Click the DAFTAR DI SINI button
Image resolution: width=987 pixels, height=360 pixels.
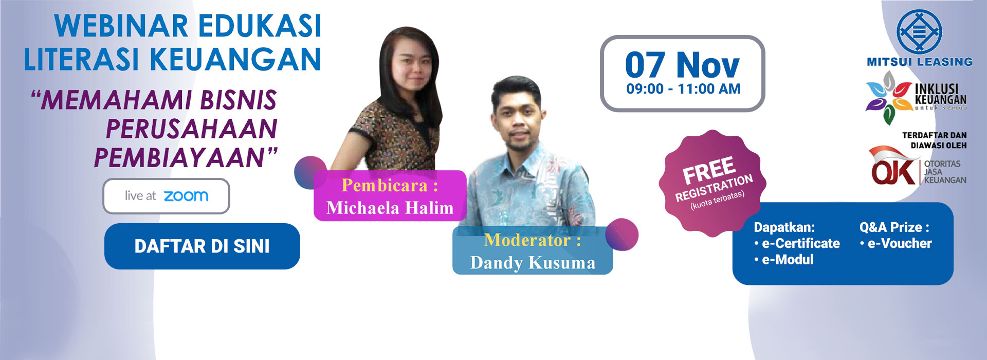pyautogui.click(x=202, y=246)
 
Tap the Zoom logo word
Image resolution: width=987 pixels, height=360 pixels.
pyautogui.click(x=186, y=196)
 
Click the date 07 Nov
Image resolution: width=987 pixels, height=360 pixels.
pyautogui.click(x=682, y=65)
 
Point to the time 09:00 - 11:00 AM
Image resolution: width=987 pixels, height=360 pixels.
pyautogui.click(x=683, y=89)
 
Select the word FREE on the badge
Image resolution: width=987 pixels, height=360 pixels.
pyautogui.click(x=709, y=171)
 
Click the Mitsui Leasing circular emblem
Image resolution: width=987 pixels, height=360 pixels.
pyautogui.click(x=919, y=31)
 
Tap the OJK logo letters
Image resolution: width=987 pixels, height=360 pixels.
pyautogui.click(x=893, y=170)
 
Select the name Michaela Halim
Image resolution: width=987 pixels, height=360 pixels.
pyautogui.click(x=390, y=208)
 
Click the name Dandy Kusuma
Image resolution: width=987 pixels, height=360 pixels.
pyautogui.click(x=533, y=263)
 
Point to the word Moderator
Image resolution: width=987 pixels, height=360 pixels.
pyautogui.click(x=527, y=240)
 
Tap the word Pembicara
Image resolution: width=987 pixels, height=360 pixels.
pyautogui.click(x=385, y=185)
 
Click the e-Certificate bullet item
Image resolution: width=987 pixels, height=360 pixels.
pyautogui.click(x=797, y=243)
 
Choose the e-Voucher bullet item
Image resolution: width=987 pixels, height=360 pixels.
pyautogui.click(x=895, y=243)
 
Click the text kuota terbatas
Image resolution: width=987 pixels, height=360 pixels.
pyautogui.click(x=718, y=200)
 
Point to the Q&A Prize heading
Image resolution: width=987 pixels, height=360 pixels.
pyautogui.click(x=894, y=227)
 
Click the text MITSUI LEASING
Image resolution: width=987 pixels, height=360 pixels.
pyautogui.click(x=920, y=62)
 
